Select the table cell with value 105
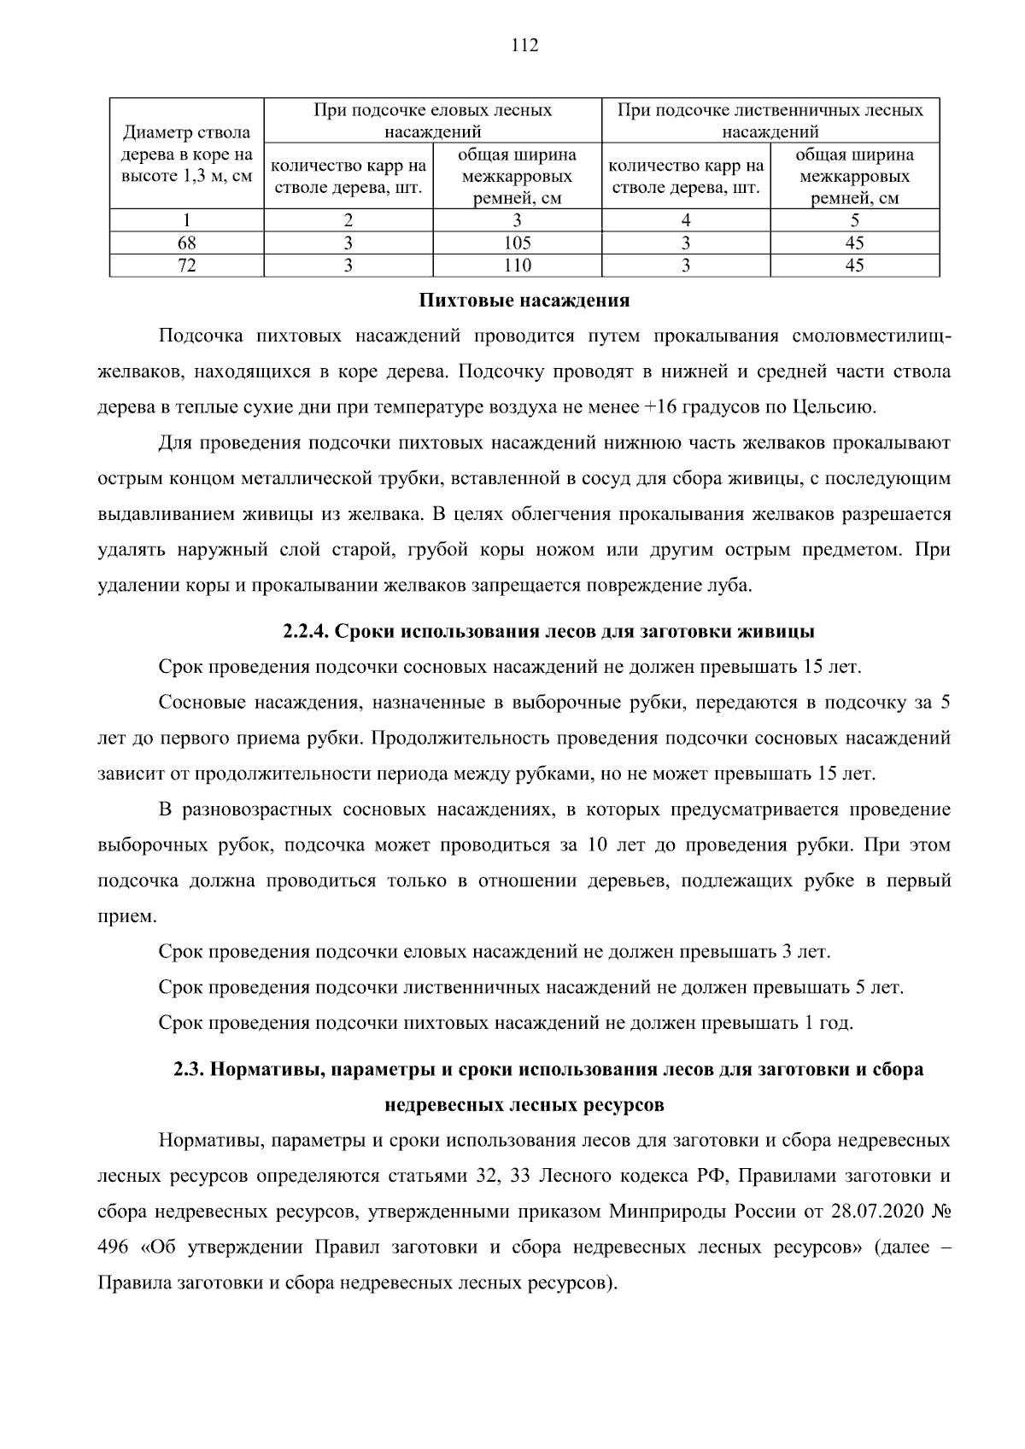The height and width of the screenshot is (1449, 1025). [517, 243]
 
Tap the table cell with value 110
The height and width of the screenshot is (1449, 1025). [517, 266]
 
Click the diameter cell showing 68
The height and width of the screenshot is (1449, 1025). [186, 243]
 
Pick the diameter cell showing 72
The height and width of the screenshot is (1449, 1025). [186, 266]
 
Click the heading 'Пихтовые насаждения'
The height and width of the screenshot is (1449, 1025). [524, 301]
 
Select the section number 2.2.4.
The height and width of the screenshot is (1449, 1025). [306, 632]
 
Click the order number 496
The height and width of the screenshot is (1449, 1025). [114, 1247]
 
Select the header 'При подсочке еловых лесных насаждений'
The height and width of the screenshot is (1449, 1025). [432, 120]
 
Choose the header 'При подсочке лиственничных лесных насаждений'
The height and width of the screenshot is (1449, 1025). [770, 120]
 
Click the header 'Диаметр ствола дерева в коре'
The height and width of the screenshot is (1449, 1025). [186, 155]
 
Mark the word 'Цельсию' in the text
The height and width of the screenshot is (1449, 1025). [841, 407]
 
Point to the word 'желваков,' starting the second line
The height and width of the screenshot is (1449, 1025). [138, 372]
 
